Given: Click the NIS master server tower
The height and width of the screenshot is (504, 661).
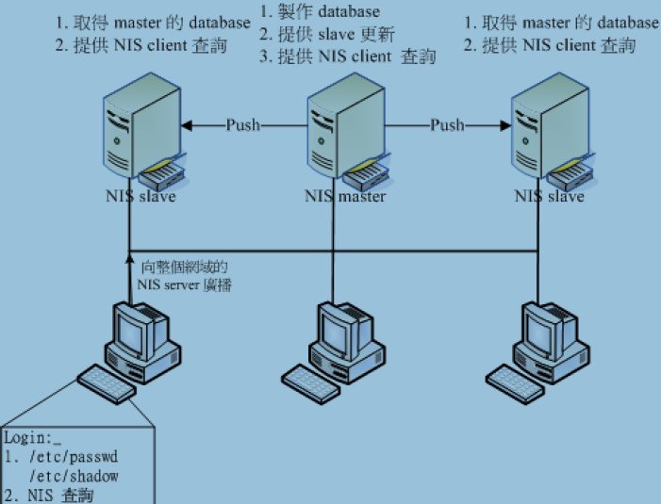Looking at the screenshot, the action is (346, 125).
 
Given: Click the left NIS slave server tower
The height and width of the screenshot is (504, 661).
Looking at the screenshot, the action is (142, 125).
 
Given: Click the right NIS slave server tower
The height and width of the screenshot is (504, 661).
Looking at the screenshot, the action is (550, 125).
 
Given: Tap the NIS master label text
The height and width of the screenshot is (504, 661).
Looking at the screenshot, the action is (345, 196).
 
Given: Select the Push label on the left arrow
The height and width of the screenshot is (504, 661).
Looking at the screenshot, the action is (243, 125).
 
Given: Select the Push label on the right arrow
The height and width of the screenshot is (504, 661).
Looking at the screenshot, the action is (447, 125).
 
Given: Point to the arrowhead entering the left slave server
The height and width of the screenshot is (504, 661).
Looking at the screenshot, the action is (187, 125).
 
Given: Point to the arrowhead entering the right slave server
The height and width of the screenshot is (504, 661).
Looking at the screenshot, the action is (505, 125).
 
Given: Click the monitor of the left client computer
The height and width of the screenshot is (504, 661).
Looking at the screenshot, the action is (132, 331).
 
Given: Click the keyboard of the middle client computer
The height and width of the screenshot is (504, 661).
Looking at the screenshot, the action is (310, 384).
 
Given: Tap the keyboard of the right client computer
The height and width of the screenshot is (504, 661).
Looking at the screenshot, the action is (515, 384).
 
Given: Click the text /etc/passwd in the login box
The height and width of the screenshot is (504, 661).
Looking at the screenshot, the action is (74, 457).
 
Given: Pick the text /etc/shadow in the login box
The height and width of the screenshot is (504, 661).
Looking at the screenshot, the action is (74, 477).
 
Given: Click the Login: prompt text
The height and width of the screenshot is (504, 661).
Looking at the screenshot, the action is (32, 438).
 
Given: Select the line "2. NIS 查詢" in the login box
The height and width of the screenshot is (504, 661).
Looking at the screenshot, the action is (49, 496).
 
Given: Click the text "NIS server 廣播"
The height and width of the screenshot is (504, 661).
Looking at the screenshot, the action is (184, 285).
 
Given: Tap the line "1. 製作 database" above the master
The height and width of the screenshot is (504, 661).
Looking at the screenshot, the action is (320, 11).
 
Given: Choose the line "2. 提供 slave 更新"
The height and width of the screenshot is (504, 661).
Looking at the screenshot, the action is (326, 34).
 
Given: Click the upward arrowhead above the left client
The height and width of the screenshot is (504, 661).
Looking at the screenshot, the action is (130, 256).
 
